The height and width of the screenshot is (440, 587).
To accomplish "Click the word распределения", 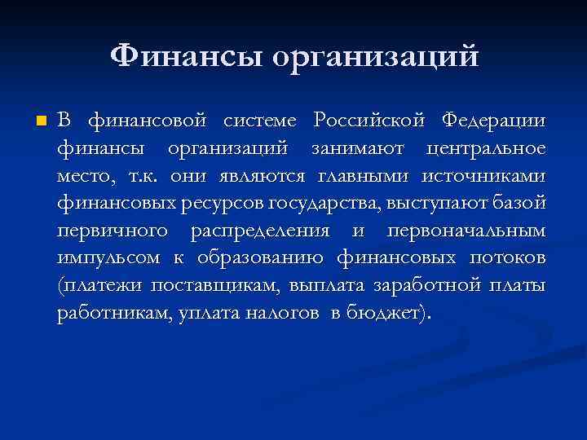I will tap(260, 231).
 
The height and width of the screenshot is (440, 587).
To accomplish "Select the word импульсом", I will tap(109, 259).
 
